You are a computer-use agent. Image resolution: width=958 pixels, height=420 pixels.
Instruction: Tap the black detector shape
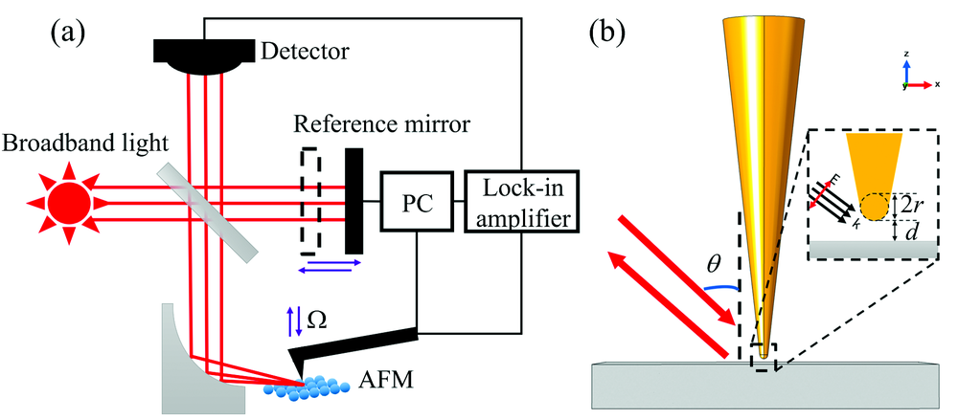click(197, 56)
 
